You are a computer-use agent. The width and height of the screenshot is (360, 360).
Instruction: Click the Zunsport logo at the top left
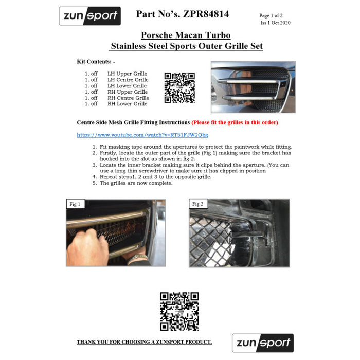(x=90, y=16)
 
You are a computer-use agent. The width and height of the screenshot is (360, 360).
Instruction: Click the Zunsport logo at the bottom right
(x=263, y=343)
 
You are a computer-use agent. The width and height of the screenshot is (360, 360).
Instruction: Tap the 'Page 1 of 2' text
(x=275, y=16)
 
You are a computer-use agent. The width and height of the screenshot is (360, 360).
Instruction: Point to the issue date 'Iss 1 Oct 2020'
(x=275, y=23)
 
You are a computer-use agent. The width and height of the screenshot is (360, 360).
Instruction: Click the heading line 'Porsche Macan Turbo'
(x=186, y=35)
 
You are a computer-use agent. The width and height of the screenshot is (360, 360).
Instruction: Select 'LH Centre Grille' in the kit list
(x=128, y=80)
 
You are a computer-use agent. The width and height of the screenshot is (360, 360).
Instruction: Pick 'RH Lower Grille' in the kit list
(x=127, y=103)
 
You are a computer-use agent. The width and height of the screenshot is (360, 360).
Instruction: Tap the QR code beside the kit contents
(x=179, y=87)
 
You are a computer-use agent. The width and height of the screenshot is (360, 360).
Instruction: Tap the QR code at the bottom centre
(x=179, y=311)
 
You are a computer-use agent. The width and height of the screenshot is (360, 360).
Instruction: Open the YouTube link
(x=142, y=135)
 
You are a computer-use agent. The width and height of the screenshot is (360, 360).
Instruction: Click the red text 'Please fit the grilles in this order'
(x=235, y=122)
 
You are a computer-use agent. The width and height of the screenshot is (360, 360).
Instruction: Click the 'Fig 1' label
(x=75, y=204)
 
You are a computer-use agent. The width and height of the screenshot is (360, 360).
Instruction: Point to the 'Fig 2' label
(x=198, y=204)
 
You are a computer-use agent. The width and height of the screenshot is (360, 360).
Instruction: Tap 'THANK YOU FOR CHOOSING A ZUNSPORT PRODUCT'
(x=144, y=342)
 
